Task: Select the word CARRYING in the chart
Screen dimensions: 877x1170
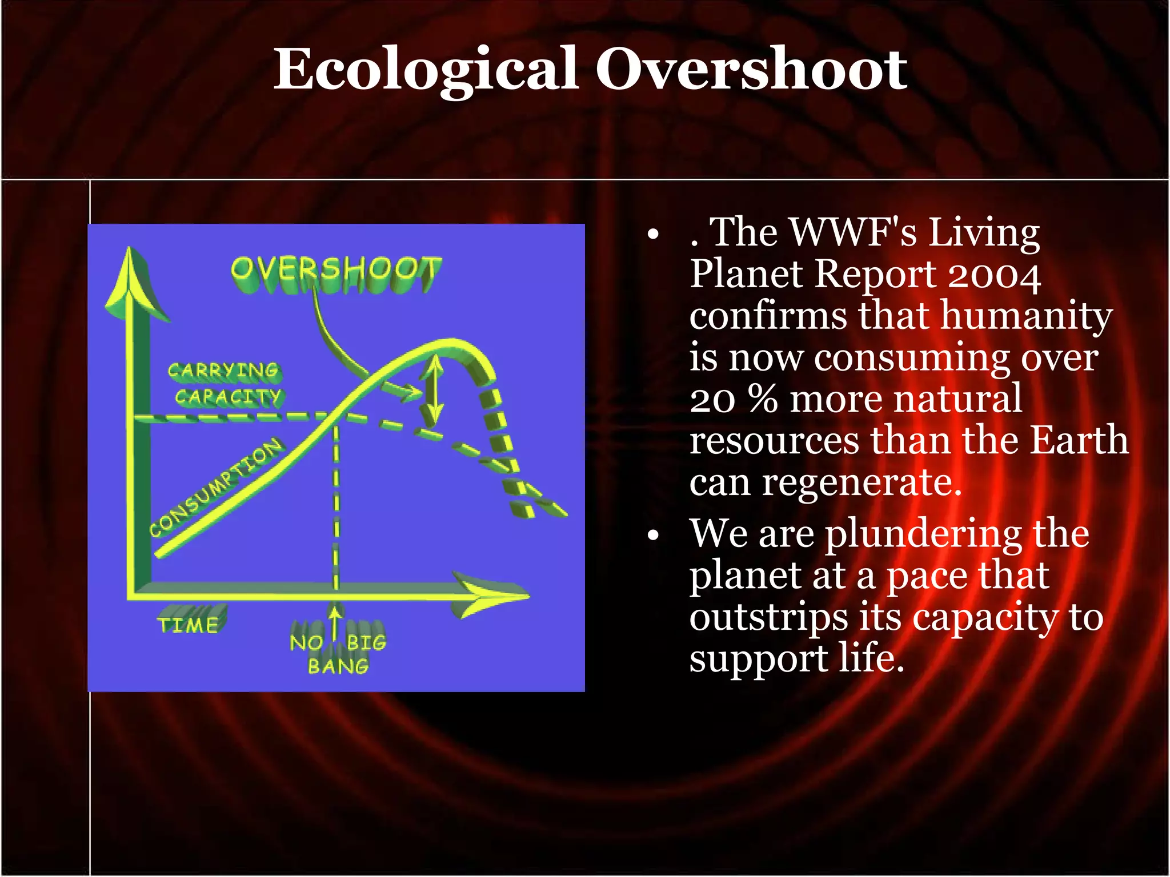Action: tap(223, 371)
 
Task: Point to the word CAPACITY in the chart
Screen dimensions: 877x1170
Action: tap(227, 396)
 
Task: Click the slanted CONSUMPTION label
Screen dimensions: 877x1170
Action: tap(215, 487)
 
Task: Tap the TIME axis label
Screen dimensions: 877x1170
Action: tap(188, 625)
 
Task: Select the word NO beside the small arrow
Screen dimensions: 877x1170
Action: tap(306, 643)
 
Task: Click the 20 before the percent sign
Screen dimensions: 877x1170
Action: tap(712, 399)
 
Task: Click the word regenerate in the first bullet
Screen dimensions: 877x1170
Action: tap(862, 483)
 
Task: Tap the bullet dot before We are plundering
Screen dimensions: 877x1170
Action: tap(654, 535)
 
